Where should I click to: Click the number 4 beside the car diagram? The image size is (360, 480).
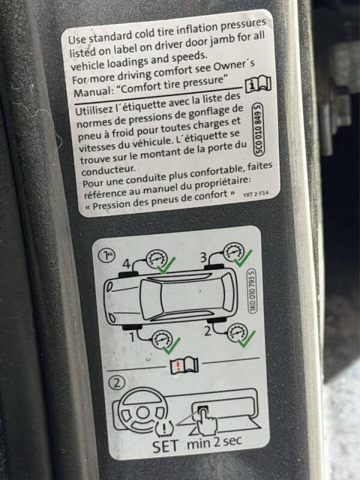[127, 263]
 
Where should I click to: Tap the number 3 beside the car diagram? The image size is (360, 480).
[203, 257]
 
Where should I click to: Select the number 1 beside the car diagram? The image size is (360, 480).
[132, 337]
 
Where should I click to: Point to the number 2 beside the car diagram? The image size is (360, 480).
[208, 331]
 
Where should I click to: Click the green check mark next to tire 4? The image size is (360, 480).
[166, 265]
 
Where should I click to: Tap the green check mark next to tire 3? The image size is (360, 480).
[243, 259]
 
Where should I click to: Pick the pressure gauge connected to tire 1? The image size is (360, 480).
[162, 339]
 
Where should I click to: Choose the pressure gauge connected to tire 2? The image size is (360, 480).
[237, 332]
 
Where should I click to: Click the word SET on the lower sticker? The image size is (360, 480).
[166, 446]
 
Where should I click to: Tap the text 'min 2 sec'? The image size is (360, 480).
[215, 442]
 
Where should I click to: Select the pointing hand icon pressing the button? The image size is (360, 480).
[206, 422]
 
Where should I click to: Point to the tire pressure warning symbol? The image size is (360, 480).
[164, 428]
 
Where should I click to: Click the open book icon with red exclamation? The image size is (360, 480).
[184, 365]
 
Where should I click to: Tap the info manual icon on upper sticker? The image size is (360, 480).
[258, 83]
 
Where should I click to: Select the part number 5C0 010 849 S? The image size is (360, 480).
[259, 130]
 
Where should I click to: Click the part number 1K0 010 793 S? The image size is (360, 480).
[252, 291]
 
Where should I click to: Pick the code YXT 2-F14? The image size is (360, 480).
[256, 194]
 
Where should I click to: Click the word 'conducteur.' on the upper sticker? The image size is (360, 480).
[108, 170]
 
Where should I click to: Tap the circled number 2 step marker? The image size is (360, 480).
[116, 383]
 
